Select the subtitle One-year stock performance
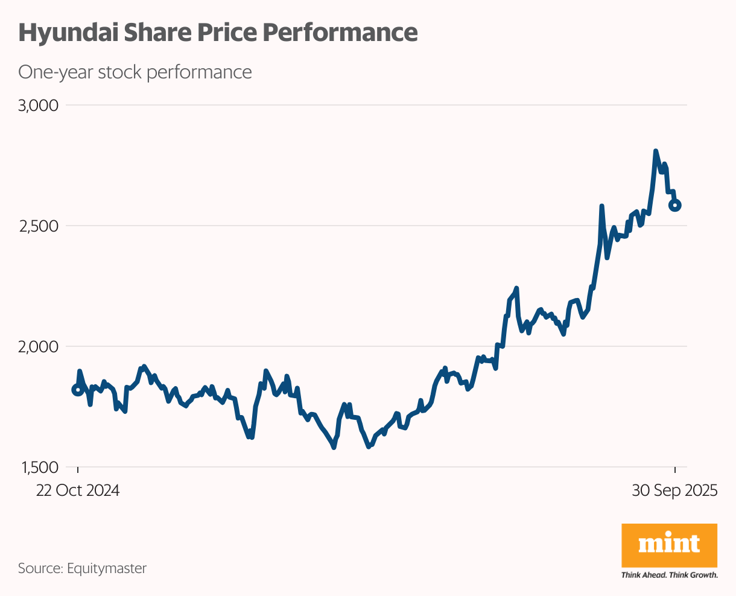[135, 72]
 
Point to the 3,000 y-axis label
[38, 106]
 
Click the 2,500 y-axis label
[38, 226]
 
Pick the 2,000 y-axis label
[38, 347]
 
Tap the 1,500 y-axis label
[38, 468]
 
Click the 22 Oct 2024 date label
[78, 490]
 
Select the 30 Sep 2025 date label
[674, 490]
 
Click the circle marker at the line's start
[77, 390]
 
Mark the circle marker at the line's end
[675, 205]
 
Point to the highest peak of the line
[656, 151]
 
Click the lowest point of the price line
[334, 447]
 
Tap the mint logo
[669, 544]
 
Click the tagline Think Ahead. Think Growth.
[669, 575]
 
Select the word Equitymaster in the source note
[107, 568]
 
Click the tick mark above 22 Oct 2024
[78, 469]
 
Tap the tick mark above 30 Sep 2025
[675, 469]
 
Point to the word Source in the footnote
[40, 568]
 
